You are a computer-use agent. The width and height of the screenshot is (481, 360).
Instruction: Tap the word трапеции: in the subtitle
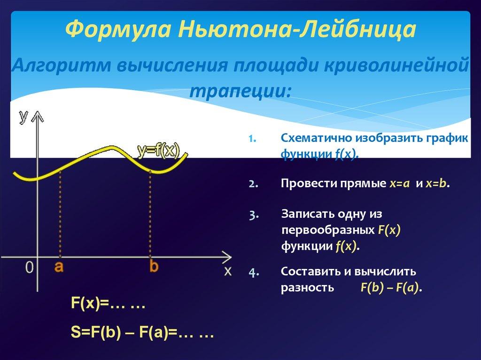240,89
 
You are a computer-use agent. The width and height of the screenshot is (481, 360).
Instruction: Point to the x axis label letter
227,271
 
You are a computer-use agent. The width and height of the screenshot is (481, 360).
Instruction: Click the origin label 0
29,268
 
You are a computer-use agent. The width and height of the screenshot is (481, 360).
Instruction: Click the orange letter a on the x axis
59,267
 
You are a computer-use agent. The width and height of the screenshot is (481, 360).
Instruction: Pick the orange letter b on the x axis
154,267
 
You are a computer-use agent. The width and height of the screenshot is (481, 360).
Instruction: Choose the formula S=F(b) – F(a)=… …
142,335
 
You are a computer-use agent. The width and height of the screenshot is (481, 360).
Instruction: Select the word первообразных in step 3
328,230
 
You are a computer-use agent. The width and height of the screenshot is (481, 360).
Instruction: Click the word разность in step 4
307,287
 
